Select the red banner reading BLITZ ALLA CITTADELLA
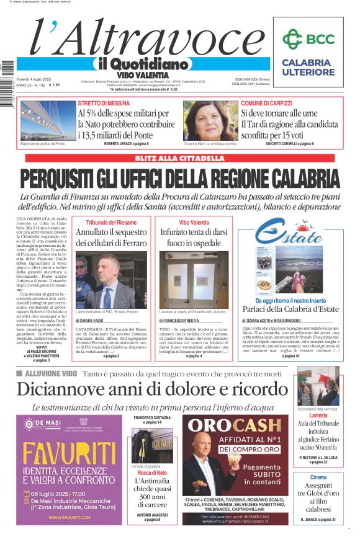(179, 158)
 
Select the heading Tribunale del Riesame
(111, 221)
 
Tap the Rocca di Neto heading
(152, 473)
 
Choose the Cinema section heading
(318, 477)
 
